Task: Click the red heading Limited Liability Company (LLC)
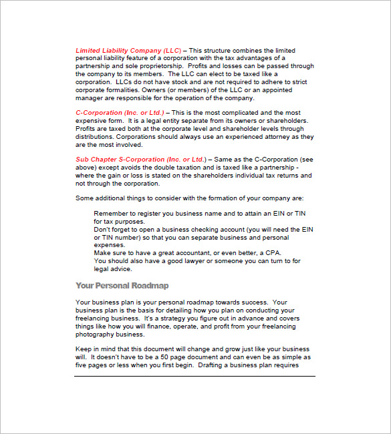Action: tap(128, 51)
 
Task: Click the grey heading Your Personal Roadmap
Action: tap(122, 285)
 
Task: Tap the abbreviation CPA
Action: tap(271, 253)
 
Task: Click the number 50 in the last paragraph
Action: tap(166, 358)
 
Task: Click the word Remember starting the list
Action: tap(112, 214)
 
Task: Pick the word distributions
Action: tap(96, 136)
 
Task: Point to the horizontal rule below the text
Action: tap(194, 377)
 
